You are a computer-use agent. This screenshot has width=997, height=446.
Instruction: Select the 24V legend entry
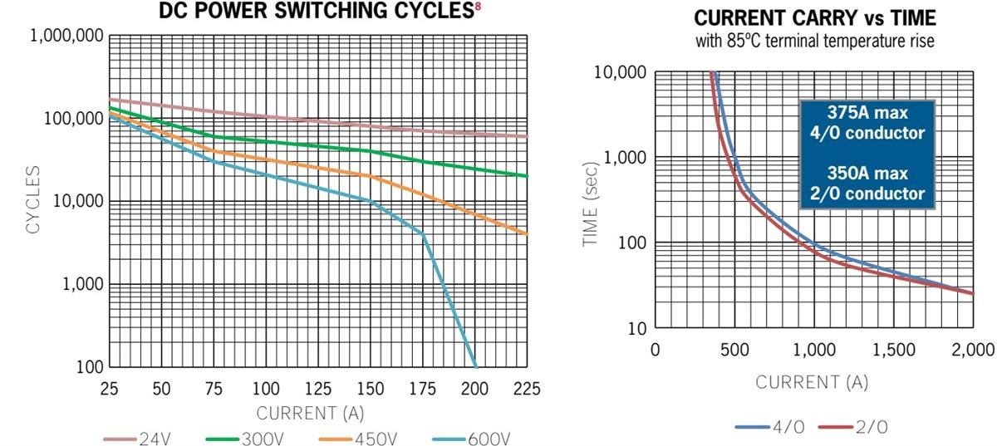coord(136,438)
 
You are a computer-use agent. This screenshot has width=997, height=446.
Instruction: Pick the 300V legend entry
coord(248,438)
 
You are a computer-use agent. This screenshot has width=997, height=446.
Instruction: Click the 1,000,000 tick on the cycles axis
coord(66,36)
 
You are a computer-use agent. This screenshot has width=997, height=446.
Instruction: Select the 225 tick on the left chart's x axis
coord(527,388)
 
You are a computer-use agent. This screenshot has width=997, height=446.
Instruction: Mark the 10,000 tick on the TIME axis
coord(619,72)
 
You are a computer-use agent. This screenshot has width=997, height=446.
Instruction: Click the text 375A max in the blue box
coord(867,114)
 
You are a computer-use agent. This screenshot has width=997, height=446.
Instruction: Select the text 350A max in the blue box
coord(867,174)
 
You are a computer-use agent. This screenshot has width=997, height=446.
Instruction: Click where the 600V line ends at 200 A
coord(475,365)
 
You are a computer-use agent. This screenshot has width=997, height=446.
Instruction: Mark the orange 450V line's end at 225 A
coord(527,234)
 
